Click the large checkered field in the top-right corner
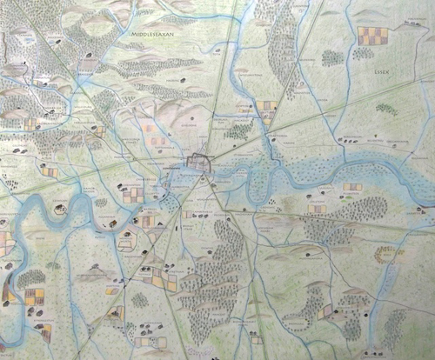pos(371,36)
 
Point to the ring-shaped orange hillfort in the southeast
pos(385,255)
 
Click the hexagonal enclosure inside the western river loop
pos(60,210)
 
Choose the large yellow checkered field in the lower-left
pos(35,297)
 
